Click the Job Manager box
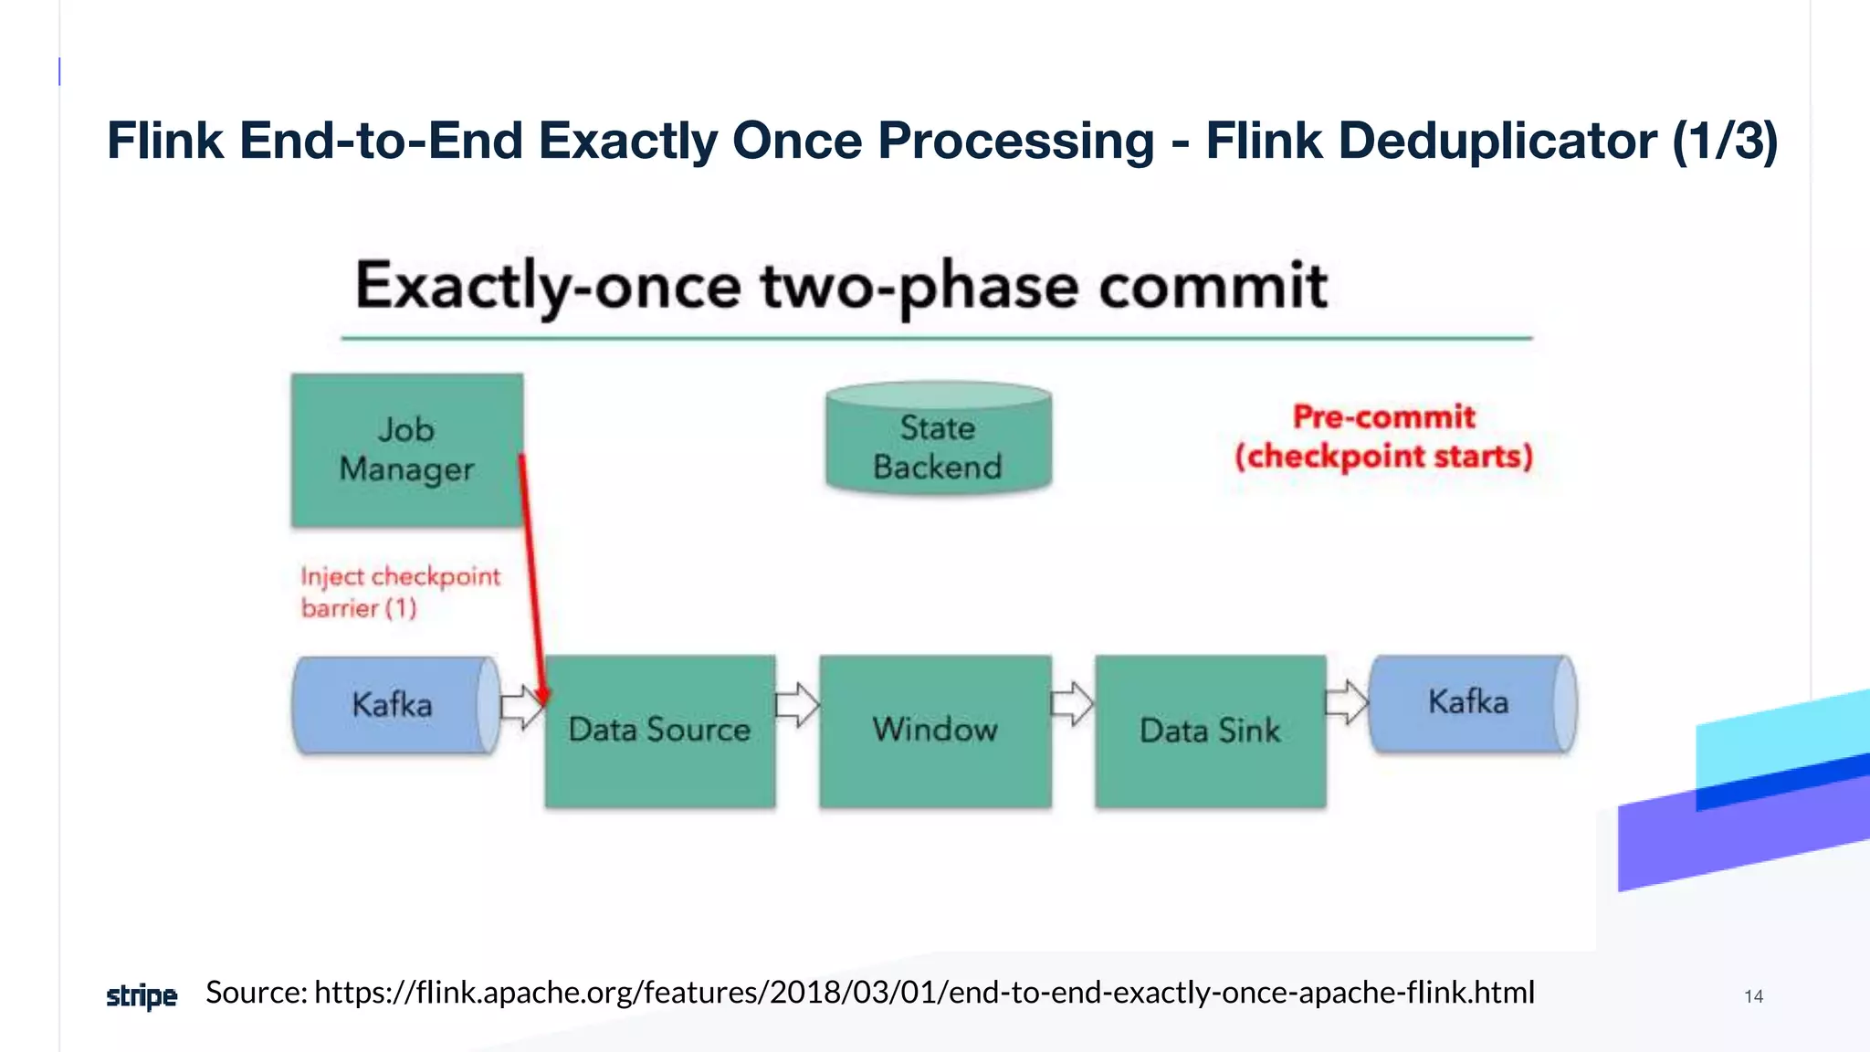[x=406, y=449]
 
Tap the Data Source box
[x=659, y=731]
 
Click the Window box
[x=935, y=731]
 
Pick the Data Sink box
[x=1210, y=731]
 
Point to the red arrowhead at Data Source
[x=542, y=698]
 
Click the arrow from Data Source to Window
[x=797, y=705]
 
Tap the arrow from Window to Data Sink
[x=1072, y=703]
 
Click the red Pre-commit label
[x=1383, y=417]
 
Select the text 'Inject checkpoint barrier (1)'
[x=400, y=592]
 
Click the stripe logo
[x=142, y=995]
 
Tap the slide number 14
[x=1753, y=996]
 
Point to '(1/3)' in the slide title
[x=1725, y=141]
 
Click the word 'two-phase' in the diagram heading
[x=919, y=287]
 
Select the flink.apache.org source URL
[x=924, y=992]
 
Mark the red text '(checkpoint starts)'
[x=1383, y=456]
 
